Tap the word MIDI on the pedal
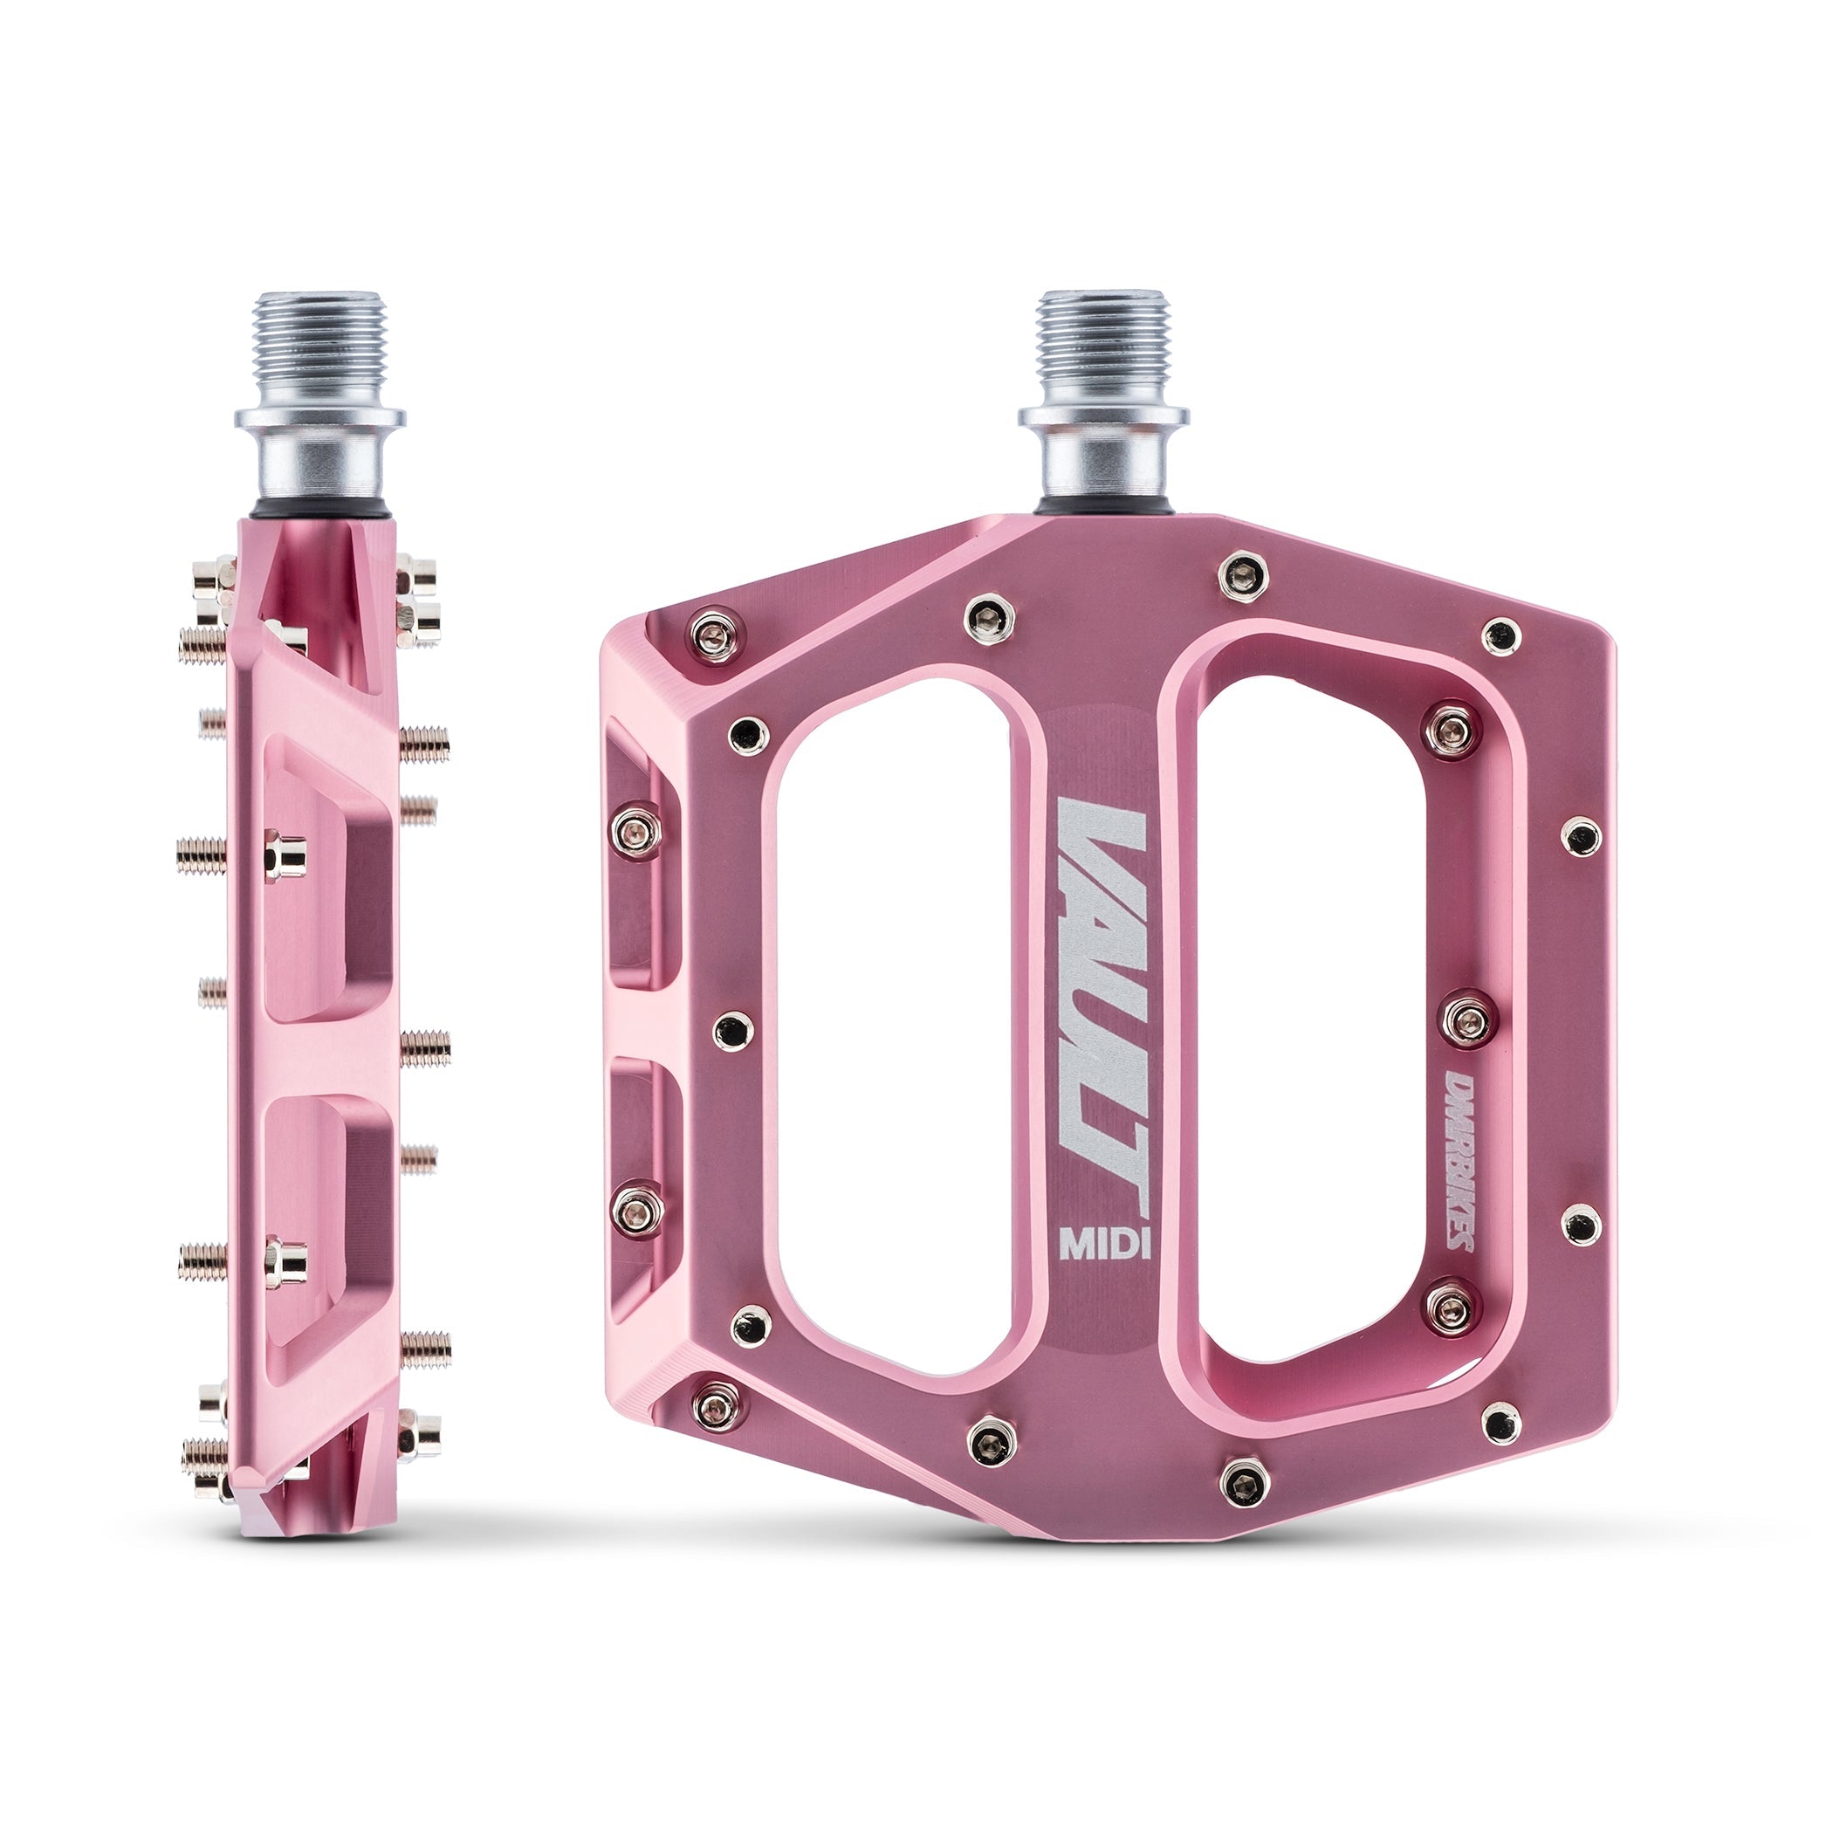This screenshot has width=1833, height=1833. coord(1104,1244)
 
